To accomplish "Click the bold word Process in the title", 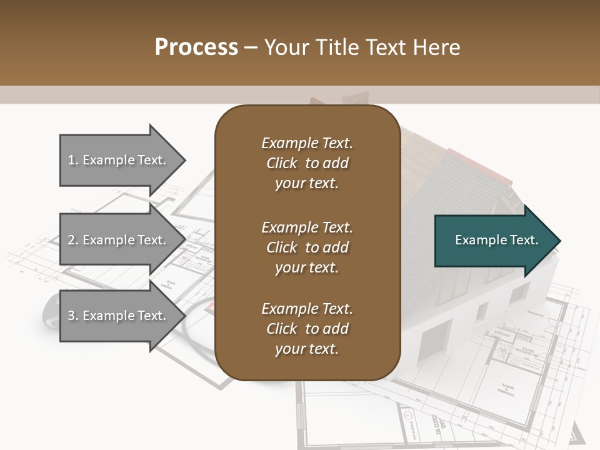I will pos(196,47).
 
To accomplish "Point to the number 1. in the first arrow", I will pos(73,160).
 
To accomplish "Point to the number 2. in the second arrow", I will pos(73,240).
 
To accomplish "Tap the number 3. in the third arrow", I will pos(73,316).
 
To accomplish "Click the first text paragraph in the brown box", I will pos(307,163).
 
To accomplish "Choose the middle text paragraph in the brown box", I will pos(307,247).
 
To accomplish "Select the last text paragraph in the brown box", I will pos(307,329).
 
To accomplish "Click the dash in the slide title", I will pos(251,47).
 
